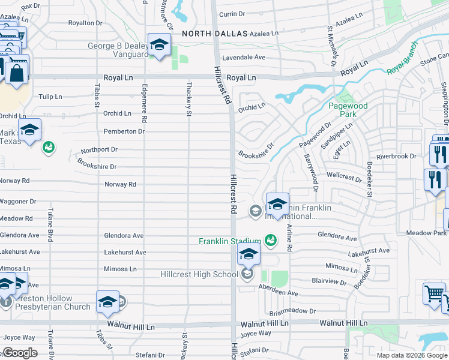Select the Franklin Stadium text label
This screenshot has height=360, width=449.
230,242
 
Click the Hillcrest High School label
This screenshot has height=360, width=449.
199,275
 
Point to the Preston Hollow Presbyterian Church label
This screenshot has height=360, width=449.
45,302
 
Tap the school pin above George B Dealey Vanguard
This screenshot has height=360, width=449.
159,46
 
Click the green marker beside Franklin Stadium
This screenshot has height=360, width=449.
271,241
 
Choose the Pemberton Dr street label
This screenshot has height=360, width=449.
125,131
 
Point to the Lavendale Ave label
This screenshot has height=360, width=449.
244,58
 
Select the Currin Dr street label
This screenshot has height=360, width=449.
232,14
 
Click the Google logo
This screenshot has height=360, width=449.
20,353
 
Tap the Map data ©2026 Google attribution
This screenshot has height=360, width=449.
412,355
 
